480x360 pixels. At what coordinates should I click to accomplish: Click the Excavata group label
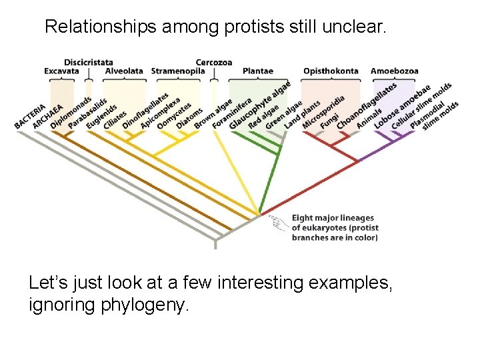61,71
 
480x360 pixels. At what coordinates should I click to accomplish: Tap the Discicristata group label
89,63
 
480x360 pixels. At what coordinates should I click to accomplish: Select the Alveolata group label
124,71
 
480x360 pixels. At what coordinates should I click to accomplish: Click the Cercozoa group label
213,63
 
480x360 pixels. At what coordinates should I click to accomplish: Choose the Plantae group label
258,71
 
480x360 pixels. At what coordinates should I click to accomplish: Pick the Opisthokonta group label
331,71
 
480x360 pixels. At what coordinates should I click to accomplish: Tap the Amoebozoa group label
394,71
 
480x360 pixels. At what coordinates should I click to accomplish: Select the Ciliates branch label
115,118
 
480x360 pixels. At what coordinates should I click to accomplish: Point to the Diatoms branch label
189,119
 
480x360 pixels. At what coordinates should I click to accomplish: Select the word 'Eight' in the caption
302,218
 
